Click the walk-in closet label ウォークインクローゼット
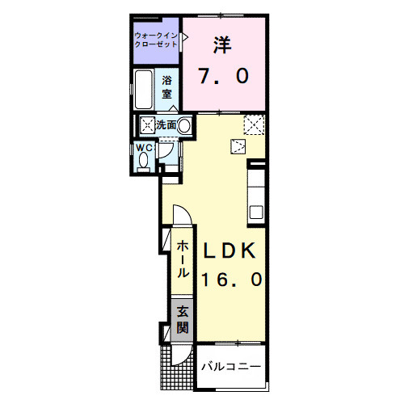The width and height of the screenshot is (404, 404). [x=157, y=40]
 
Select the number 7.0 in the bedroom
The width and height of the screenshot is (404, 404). [x=224, y=77]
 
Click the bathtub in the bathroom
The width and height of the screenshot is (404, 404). [x=146, y=90]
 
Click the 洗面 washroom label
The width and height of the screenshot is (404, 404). [x=166, y=125]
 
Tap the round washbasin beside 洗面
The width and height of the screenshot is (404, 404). [x=184, y=126]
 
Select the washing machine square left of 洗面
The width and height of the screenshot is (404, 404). [x=148, y=125]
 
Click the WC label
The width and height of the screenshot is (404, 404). [x=144, y=149]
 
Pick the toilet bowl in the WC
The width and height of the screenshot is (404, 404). [x=144, y=162]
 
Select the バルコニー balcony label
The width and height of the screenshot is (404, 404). [x=232, y=366]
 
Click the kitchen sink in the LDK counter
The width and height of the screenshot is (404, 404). [x=256, y=213]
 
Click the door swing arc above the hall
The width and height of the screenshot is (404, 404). [x=181, y=215]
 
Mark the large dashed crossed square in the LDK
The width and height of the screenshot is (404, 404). [x=255, y=127]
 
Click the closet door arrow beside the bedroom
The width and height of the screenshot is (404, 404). [x=185, y=37]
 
